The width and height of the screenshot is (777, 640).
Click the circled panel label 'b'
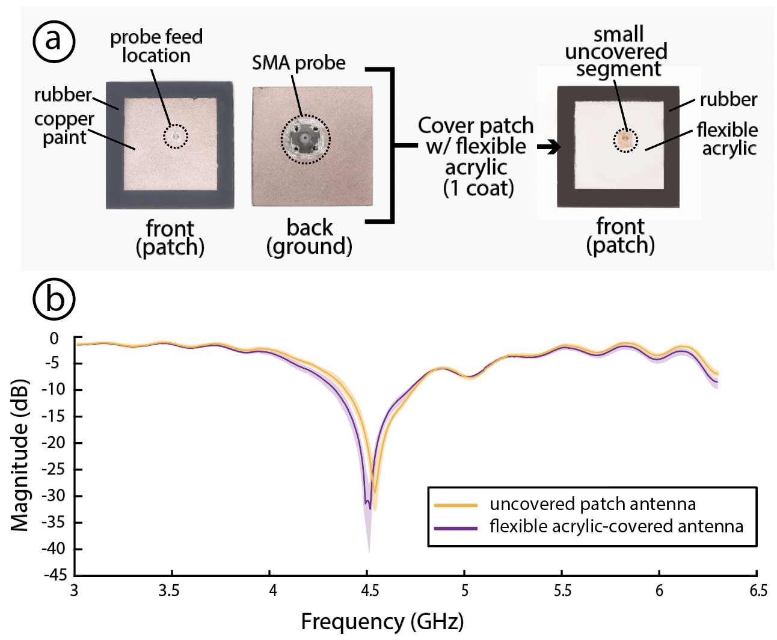click(54, 299)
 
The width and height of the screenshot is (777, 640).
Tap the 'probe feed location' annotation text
click(156, 46)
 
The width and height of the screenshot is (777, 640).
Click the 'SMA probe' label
click(298, 63)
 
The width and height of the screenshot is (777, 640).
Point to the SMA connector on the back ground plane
click(306, 139)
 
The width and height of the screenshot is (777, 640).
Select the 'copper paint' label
click(64, 128)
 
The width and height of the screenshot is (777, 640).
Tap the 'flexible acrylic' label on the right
click(727, 138)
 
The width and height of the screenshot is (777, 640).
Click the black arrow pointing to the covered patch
click(548, 147)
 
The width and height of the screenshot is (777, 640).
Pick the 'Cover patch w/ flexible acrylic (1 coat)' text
click(476, 156)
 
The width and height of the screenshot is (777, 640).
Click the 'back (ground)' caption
click(309, 236)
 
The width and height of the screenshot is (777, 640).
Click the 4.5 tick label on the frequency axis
click(369, 590)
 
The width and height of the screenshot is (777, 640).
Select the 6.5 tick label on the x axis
click(758, 590)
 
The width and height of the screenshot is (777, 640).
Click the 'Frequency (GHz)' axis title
click(382, 621)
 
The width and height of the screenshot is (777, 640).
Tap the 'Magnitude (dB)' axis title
click(20, 455)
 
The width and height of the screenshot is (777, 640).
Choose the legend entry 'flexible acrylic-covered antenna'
click(616, 526)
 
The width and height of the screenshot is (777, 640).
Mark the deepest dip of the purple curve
click(369, 509)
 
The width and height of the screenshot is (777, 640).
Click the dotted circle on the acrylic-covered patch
click(625, 140)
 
